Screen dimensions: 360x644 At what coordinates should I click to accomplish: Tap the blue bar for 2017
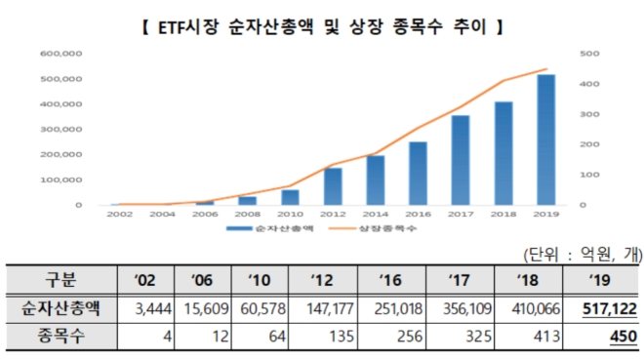(461, 160)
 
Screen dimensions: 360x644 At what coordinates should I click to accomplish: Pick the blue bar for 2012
(333, 186)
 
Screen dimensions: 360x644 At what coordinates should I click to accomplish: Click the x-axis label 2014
(376, 214)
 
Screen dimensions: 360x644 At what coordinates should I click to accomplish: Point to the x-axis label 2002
(120, 214)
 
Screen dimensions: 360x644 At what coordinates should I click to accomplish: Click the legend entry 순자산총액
(272, 228)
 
